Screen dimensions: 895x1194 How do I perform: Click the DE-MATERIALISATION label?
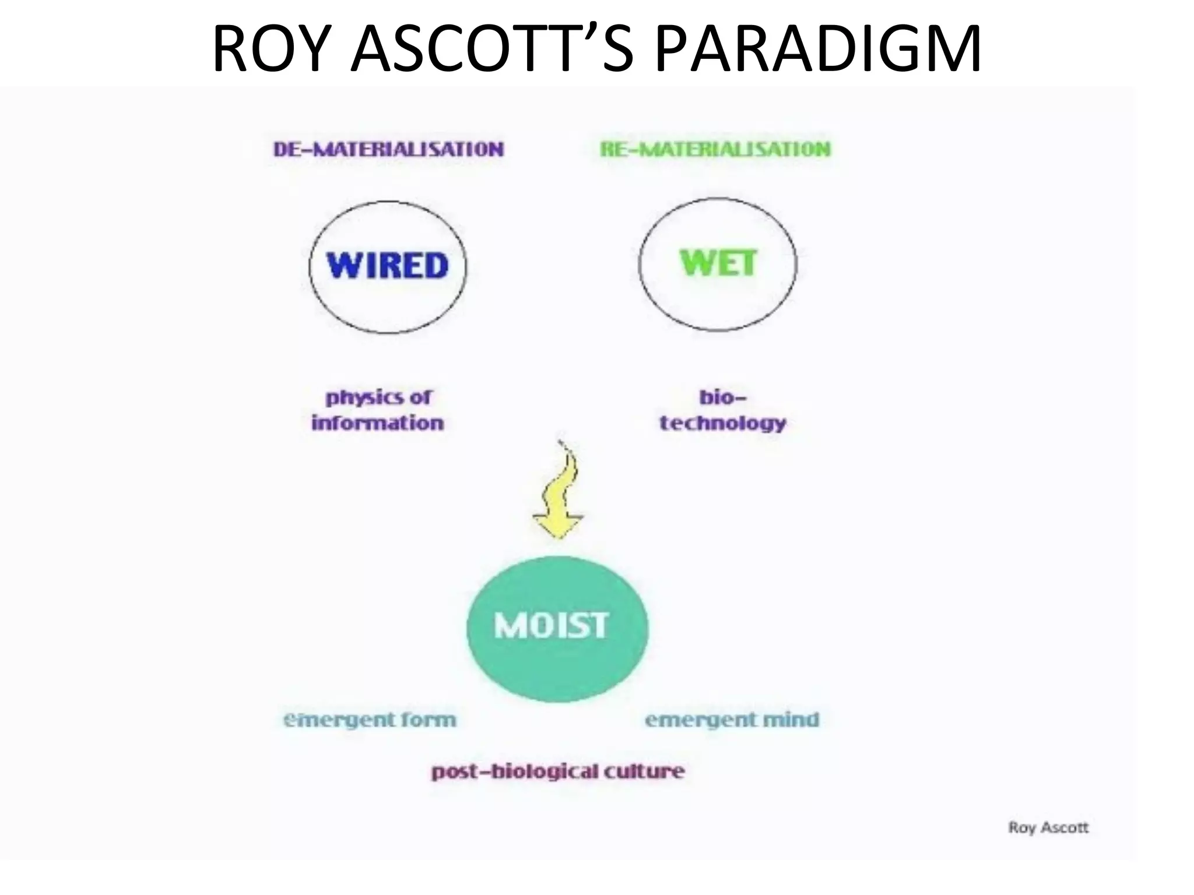click(x=388, y=149)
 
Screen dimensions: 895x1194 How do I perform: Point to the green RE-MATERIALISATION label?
click(x=715, y=149)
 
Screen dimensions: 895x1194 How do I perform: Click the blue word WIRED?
click(x=388, y=266)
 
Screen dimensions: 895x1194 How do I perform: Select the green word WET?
click(x=718, y=263)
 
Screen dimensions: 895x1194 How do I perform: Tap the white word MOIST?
click(x=552, y=626)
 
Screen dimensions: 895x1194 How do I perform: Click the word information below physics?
click(x=378, y=423)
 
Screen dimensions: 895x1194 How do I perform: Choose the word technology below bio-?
click(x=723, y=423)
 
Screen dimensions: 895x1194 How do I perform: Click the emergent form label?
click(x=370, y=720)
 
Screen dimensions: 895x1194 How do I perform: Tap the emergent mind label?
click(x=732, y=720)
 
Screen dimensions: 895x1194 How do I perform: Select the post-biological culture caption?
click(x=558, y=771)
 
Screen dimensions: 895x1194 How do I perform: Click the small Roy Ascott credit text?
click(x=1048, y=827)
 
